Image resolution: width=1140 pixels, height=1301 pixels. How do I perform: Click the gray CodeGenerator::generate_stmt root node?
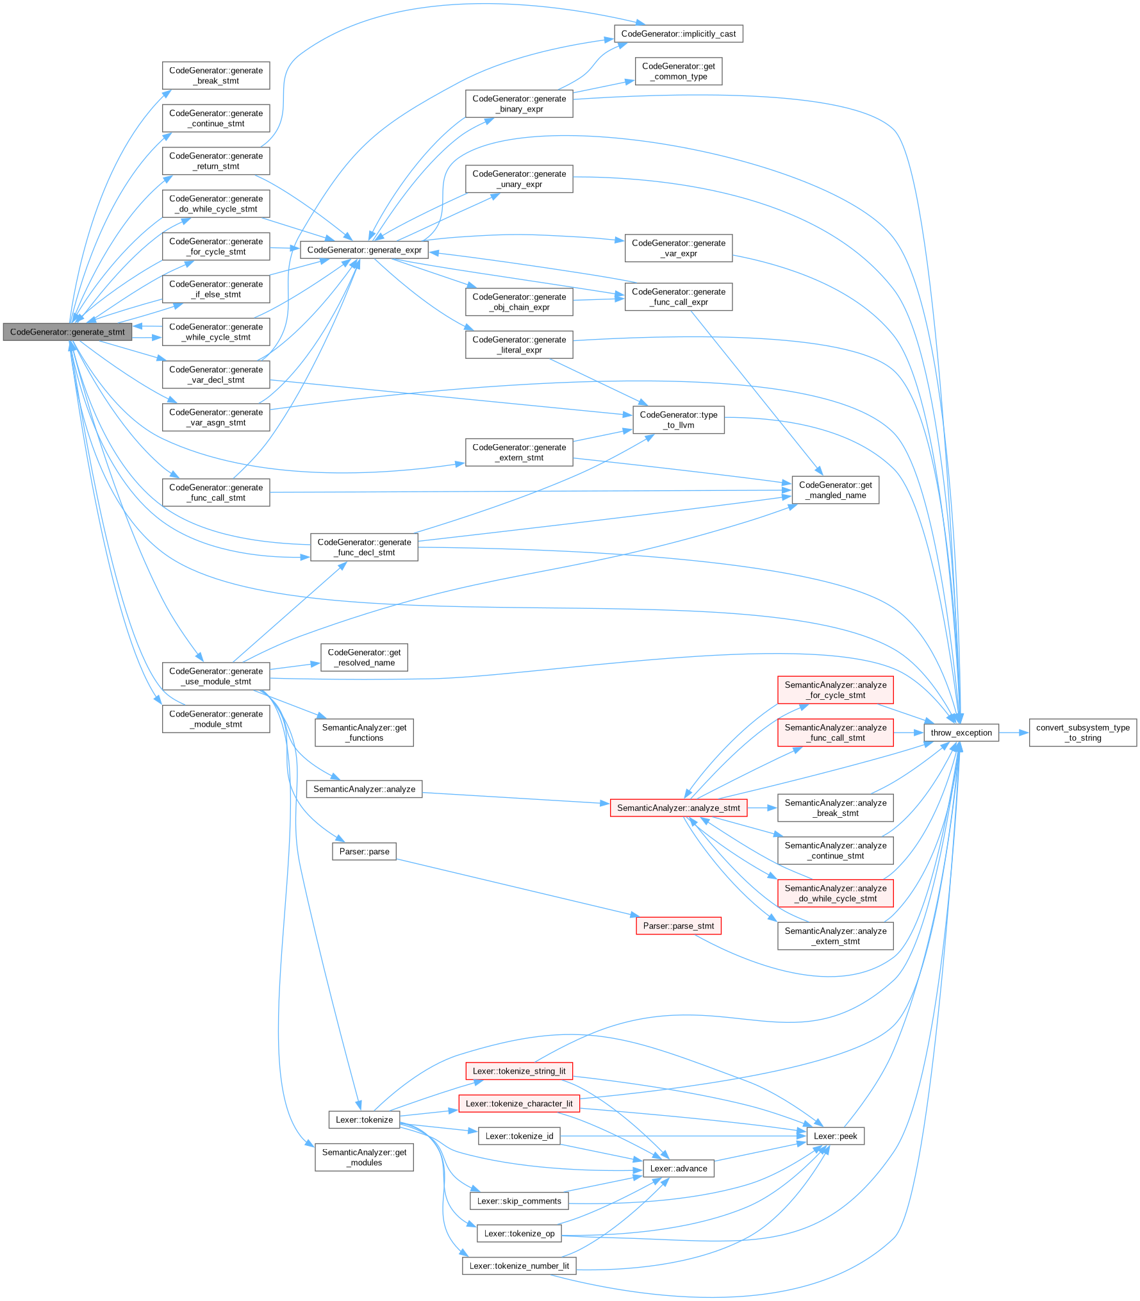[67, 332]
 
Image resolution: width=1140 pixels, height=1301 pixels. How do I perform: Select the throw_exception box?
[961, 733]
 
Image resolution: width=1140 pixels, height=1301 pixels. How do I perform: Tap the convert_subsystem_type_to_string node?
[1082, 733]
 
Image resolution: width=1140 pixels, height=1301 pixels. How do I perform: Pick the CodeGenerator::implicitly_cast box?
[678, 34]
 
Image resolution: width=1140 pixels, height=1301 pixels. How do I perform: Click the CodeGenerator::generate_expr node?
[364, 250]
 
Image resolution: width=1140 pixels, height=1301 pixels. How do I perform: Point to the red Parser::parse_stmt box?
[678, 925]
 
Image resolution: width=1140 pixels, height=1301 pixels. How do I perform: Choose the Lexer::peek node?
[835, 1136]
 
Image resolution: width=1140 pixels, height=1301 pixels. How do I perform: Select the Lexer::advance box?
[678, 1168]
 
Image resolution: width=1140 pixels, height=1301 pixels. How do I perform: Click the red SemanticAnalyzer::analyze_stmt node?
[678, 808]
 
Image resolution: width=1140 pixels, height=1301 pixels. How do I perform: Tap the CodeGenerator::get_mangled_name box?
[835, 490]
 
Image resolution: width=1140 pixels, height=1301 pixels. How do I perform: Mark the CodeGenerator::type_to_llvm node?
[678, 420]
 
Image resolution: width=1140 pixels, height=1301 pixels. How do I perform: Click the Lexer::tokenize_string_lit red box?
[519, 1071]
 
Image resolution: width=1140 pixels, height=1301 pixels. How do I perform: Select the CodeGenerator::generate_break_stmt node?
[216, 76]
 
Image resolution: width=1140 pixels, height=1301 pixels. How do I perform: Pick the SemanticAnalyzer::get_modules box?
[364, 1157]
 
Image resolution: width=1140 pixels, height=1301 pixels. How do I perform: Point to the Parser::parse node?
[364, 852]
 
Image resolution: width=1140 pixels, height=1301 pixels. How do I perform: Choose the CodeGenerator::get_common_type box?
[678, 71]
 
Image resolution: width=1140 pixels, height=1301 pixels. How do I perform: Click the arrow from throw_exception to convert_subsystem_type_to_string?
[1014, 733]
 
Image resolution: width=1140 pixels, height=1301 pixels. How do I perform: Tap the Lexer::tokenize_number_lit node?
[519, 1266]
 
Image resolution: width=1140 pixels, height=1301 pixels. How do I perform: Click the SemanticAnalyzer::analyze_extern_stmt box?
[835, 936]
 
